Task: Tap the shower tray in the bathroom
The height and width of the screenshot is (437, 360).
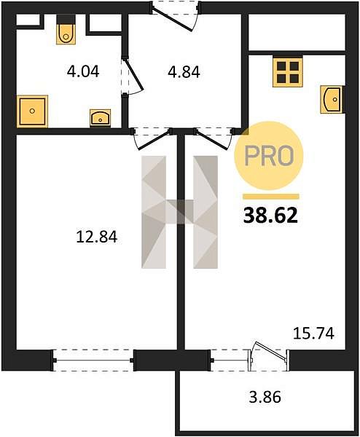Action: coord(32,111)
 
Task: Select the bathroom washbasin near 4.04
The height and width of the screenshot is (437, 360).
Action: coord(100,118)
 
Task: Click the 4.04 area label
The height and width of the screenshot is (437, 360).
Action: coord(83,71)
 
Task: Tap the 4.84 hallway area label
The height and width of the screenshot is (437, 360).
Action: coord(184,72)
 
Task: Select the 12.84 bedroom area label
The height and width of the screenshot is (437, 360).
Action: coord(97,237)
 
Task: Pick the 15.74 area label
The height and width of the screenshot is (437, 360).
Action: coord(313,333)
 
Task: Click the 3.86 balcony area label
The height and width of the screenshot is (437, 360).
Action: coord(265,397)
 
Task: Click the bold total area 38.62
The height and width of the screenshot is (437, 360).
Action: coord(270,216)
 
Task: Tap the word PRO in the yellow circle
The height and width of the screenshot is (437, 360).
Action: coord(269,156)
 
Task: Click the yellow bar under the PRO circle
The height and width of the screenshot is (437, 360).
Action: coord(271,197)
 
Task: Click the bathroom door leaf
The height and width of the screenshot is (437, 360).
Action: coord(133,74)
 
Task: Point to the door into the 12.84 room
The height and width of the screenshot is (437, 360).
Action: coord(154,139)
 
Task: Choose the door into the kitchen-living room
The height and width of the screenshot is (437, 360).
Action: coord(213,139)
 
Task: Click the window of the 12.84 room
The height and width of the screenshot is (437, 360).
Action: coord(93,361)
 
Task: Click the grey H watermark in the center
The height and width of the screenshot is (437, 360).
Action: coord(179,212)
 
